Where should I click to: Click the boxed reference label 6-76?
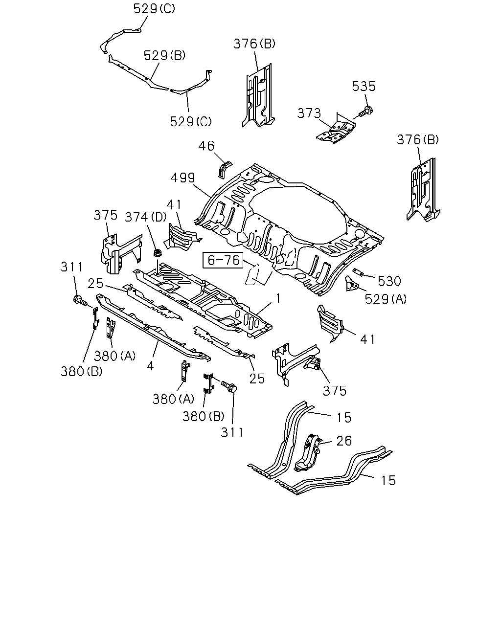[x=223, y=260]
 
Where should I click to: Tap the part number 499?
[x=183, y=178]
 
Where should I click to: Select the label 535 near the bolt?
[x=364, y=87]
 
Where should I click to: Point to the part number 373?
[x=309, y=113]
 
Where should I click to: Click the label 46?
[x=206, y=146]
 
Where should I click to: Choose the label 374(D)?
[x=146, y=217]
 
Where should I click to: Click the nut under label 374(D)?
[x=158, y=252]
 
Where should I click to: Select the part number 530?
[x=389, y=281]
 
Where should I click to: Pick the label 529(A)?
[x=386, y=299]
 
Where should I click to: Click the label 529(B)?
[x=164, y=55]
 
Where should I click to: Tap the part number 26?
[x=344, y=441]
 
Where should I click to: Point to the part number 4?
[x=150, y=366]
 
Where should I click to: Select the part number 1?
[x=278, y=299]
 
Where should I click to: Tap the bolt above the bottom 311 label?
[x=229, y=386]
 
